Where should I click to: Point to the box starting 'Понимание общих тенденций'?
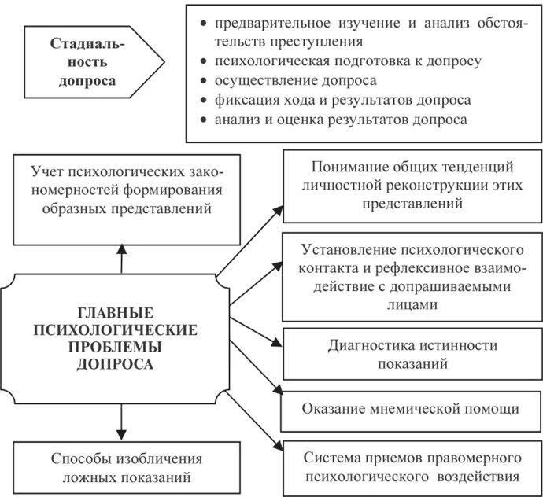coord(412,185)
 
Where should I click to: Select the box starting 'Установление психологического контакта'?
coord(412,277)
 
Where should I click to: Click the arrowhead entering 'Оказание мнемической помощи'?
coord(278,392)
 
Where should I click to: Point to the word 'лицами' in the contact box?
coord(412,305)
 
